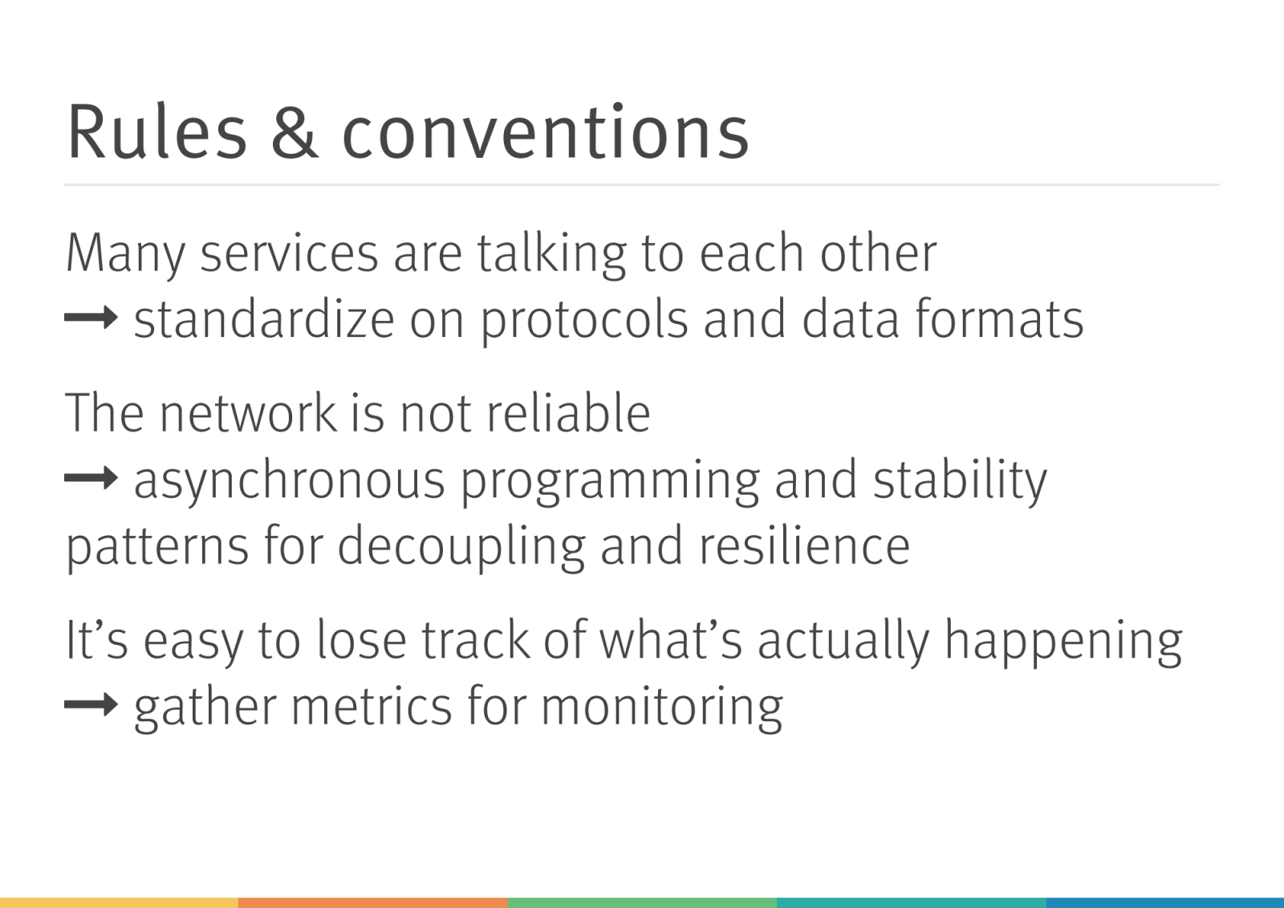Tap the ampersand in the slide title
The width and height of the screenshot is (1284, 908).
[x=294, y=132]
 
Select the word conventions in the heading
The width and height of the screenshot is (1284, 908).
[x=545, y=131]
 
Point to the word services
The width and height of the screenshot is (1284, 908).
[x=289, y=253]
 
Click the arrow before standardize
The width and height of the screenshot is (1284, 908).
[x=91, y=317]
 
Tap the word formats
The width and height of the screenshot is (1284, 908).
[x=999, y=318]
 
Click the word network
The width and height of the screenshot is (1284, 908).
[x=248, y=412]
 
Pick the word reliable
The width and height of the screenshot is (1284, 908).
[x=569, y=412]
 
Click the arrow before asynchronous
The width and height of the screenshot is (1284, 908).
[x=91, y=477]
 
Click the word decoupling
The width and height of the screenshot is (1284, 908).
[x=461, y=548]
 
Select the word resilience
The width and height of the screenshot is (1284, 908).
[x=804, y=545]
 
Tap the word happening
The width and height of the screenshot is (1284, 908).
[x=1063, y=642]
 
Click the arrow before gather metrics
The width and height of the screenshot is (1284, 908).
[x=91, y=704]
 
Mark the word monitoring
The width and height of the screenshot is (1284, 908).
[x=662, y=708]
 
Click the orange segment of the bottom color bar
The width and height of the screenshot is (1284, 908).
[x=372, y=903]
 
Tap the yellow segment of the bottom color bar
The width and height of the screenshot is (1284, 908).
[x=119, y=903]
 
